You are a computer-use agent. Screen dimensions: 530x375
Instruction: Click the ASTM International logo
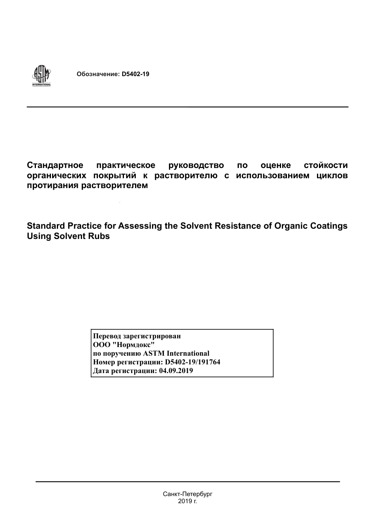click(x=41, y=75)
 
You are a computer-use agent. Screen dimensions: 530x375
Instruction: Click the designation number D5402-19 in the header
click(x=135, y=74)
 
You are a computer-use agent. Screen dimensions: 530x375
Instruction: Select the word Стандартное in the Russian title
click(x=55, y=165)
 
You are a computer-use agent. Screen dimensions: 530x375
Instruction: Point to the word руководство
click(x=196, y=165)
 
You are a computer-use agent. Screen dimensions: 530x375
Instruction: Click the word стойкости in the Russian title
click(x=326, y=165)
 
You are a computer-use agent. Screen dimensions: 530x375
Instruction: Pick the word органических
click(x=56, y=175)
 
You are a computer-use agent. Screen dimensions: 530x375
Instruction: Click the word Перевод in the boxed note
click(x=107, y=336)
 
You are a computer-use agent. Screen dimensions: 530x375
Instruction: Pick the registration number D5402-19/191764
click(x=193, y=362)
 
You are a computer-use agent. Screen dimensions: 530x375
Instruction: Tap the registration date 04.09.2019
click(x=176, y=371)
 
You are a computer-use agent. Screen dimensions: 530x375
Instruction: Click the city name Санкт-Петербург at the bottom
click(x=187, y=494)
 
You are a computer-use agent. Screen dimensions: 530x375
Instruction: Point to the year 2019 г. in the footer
click(x=187, y=501)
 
